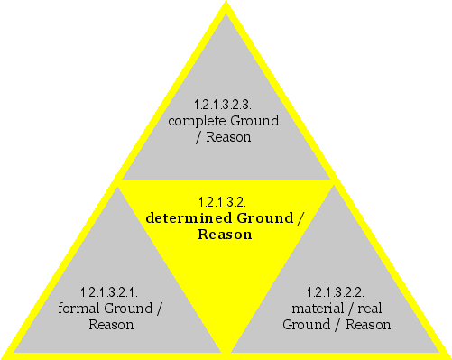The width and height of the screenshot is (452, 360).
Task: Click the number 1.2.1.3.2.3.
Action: point(224,104)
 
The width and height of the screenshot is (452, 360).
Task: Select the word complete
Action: point(194,120)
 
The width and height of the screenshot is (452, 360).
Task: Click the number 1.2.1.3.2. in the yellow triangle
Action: point(224,201)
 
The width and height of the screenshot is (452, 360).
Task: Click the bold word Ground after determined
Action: point(265,217)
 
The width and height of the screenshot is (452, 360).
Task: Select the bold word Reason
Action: point(224,234)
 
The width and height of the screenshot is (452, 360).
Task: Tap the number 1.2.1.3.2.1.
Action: point(110,291)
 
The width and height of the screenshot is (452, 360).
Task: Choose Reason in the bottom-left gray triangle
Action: point(110,324)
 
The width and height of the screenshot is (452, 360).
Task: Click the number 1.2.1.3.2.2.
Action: point(336,291)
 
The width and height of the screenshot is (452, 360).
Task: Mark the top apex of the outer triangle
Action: point(226,4)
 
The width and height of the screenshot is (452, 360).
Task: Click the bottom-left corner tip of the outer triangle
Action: point(4,355)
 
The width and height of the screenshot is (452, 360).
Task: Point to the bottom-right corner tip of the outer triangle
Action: point(448,355)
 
